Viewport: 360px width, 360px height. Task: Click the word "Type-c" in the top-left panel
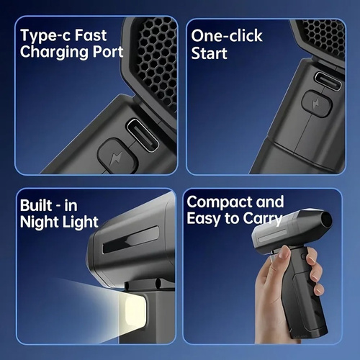pyautogui.click(x=45, y=36)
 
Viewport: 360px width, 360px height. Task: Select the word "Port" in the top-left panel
pyautogui.click(x=108, y=52)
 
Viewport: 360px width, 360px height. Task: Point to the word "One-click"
pyautogui.click(x=227, y=36)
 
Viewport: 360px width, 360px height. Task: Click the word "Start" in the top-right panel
pyautogui.click(x=209, y=53)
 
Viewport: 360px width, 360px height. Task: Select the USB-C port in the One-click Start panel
pyautogui.click(x=328, y=81)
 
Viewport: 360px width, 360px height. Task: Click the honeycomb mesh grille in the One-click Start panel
pyautogui.click(x=324, y=38)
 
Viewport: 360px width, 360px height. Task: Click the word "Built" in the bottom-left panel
pyautogui.click(x=36, y=205)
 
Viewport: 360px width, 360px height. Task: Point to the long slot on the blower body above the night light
pyautogui.click(x=131, y=240)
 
